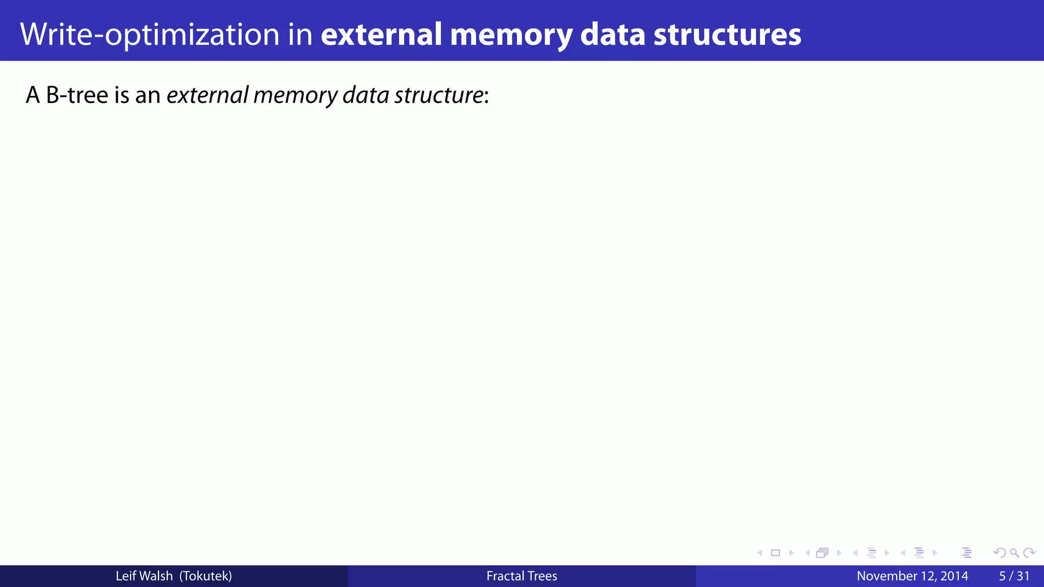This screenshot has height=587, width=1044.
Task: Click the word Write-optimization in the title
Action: [x=150, y=35]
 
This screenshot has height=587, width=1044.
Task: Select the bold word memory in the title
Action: [x=511, y=35]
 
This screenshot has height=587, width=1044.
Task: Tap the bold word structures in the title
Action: [x=727, y=35]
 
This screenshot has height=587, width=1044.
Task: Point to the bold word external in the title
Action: [x=381, y=35]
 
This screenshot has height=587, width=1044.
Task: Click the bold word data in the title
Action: [x=613, y=35]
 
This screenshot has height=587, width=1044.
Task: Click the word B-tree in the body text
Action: [x=77, y=95]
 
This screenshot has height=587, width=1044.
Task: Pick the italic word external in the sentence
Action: [x=207, y=95]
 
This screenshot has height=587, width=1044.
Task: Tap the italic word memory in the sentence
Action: [x=295, y=95]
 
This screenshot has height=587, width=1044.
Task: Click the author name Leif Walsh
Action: [x=144, y=576]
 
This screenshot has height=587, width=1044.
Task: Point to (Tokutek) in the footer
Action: [x=206, y=576]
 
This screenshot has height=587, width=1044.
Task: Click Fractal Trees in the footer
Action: [x=521, y=576]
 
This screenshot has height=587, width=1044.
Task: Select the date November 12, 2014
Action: [x=912, y=576]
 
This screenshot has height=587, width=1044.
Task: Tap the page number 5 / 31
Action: [x=1014, y=576]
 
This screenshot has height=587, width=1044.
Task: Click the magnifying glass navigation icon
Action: [x=1014, y=553]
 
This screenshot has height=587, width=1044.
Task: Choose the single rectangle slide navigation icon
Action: [x=775, y=553]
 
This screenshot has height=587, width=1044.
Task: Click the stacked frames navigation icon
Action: [x=822, y=553]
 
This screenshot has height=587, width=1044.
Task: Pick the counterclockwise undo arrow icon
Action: [x=1000, y=553]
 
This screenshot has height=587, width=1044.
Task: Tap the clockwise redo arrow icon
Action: [x=1029, y=553]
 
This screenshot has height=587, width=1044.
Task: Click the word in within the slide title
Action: [x=300, y=35]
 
